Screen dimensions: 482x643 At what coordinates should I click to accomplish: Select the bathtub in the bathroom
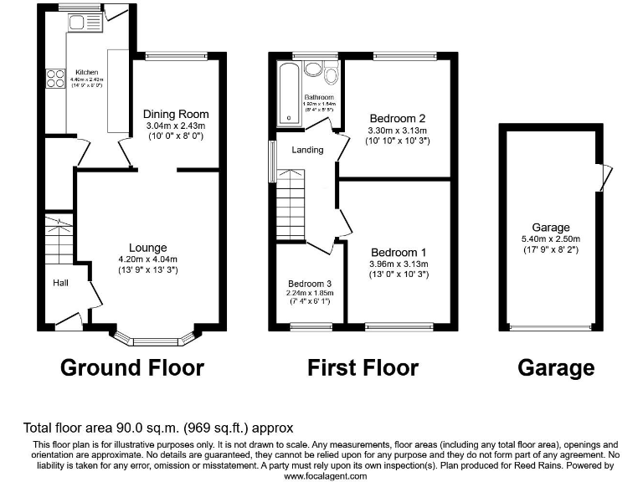tap(290, 94)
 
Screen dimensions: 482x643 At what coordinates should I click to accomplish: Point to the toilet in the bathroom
tap(329, 77)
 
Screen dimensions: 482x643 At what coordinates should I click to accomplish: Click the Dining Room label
tap(176, 114)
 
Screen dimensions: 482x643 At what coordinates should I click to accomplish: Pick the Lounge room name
tap(147, 248)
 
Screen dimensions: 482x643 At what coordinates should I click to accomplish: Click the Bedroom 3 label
tap(310, 283)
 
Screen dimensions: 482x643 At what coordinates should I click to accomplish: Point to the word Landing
tap(307, 150)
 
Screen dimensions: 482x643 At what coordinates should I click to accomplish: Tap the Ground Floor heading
tap(132, 367)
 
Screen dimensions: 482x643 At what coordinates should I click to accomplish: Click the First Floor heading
tap(363, 367)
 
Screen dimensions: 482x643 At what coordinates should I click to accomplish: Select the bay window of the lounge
tap(152, 339)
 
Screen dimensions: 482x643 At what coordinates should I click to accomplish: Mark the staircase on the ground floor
tap(59, 239)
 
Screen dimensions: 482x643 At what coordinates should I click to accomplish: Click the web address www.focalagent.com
tap(325, 475)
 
